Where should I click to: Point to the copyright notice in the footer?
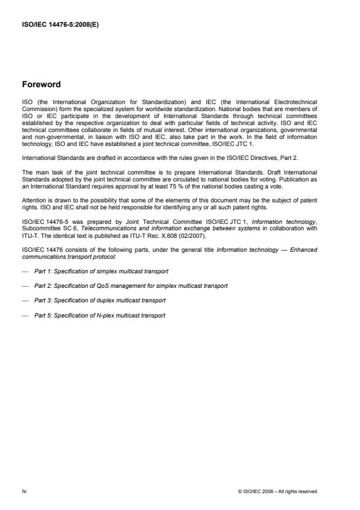pos(277,491)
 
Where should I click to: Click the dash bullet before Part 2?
pos(26,286)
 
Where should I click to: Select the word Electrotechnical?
pos(297,102)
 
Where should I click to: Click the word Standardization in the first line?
pos(140,102)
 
